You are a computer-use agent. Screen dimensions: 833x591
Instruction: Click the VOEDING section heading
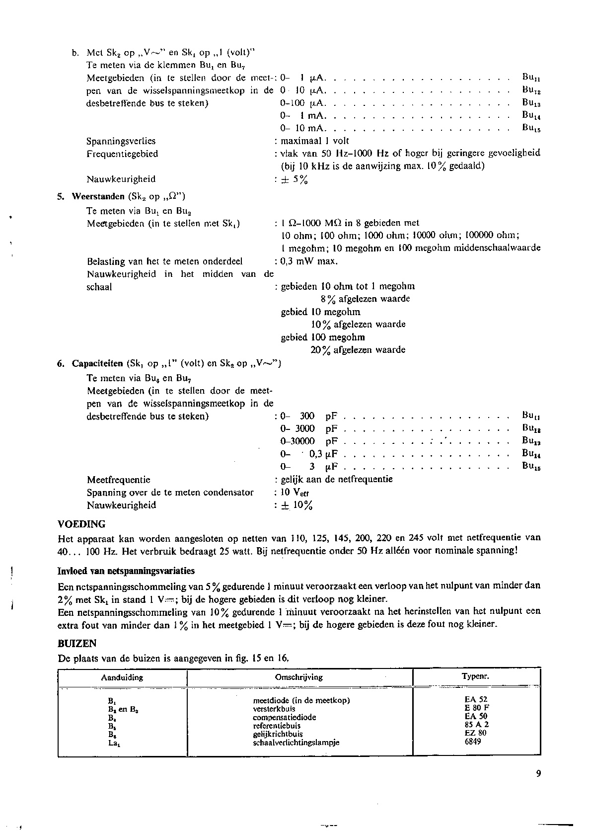click(x=81, y=524)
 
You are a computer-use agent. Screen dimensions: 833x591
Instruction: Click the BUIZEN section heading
click(x=77, y=643)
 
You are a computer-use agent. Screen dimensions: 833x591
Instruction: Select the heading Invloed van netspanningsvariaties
click(x=126, y=571)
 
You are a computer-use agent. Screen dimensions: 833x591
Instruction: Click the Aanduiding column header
click(x=122, y=677)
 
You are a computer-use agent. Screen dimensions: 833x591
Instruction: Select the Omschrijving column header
click(x=298, y=677)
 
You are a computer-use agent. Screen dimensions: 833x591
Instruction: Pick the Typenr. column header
click(x=475, y=676)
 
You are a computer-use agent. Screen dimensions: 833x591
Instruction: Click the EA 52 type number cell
click(x=473, y=700)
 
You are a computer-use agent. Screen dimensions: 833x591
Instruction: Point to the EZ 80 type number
click(x=473, y=733)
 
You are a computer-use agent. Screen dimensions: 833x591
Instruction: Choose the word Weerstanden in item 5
click(x=98, y=196)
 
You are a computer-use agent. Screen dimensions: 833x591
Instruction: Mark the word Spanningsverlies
click(x=121, y=141)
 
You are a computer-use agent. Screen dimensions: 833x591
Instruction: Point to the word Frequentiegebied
click(x=122, y=154)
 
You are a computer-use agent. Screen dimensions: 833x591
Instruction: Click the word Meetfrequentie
click(x=118, y=480)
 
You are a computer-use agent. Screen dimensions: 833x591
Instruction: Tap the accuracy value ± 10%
click(x=296, y=505)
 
